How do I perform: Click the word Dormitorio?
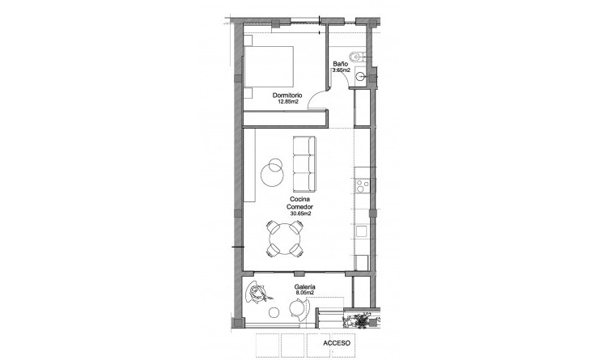coord(287,95)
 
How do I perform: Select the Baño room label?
coord(341,63)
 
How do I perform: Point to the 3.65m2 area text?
coord(341,71)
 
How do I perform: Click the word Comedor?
coord(299,206)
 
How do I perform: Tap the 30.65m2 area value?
coord(299,214)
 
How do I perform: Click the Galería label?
coord(305,287)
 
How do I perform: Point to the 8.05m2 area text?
coord(305,295)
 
